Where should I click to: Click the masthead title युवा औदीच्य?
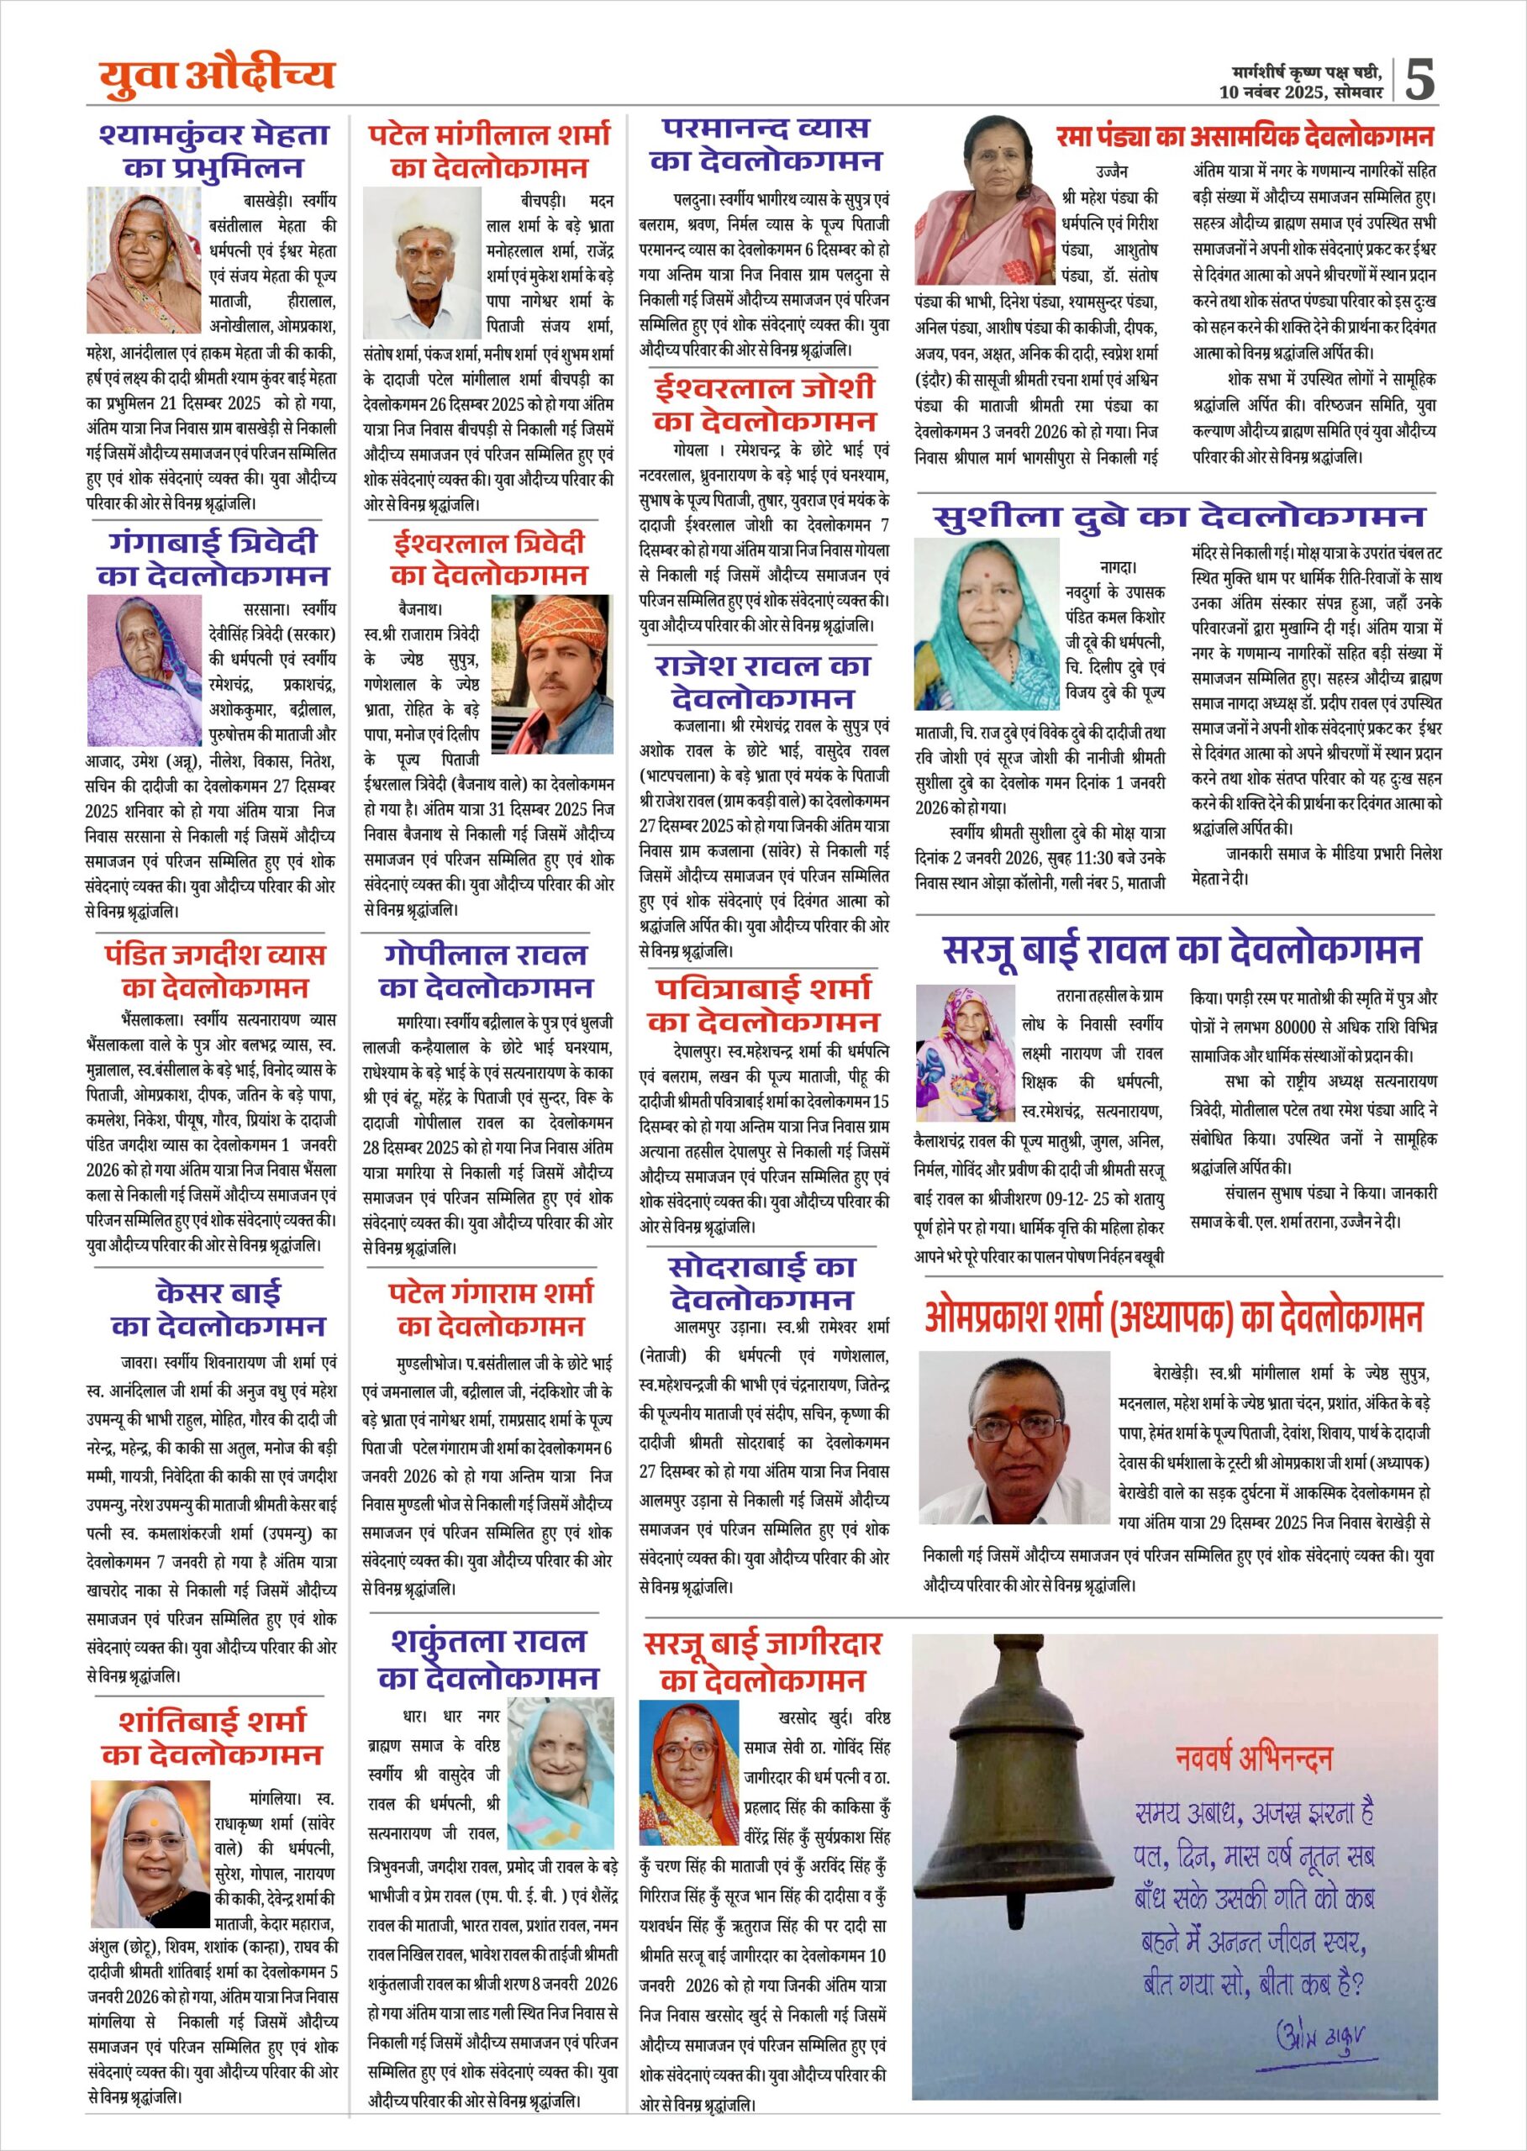(217, 76)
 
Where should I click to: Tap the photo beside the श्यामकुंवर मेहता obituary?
(145, 260)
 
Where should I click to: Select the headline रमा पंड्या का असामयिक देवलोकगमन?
(1245, 137)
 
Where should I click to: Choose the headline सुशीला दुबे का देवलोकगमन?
(1179, 516)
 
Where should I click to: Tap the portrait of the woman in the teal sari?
(987, 623)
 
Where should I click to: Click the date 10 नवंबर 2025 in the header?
(1272, 92)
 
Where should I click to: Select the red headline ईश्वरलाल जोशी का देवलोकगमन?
(765, 403)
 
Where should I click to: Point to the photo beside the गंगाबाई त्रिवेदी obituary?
(145, 657)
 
